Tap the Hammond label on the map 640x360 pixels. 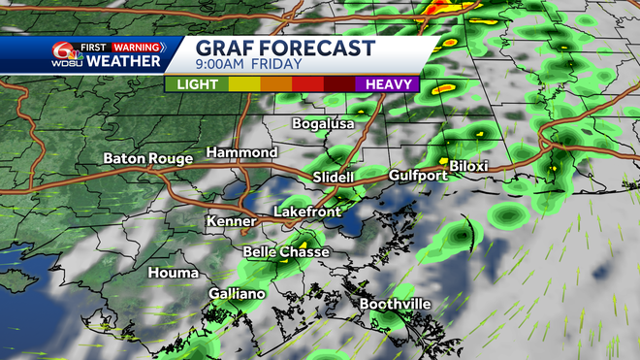pos(241,152)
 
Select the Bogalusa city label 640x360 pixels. pos(323,124)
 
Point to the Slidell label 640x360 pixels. pos(335,176)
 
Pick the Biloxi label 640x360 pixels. pos(468,167)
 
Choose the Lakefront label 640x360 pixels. pos(308,211)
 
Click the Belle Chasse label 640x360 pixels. pos(286,252)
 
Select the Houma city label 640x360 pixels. pos(173,273)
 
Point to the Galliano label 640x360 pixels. pos(237,294)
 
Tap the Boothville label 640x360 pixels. pos(396,304)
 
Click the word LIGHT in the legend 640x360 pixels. pos(197,84)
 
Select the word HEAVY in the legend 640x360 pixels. pos(390,84)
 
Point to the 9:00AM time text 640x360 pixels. pos(224,65)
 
